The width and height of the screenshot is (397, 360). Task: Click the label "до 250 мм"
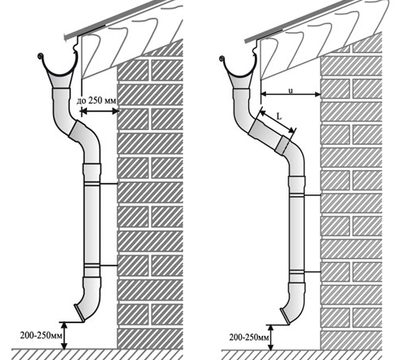coord(96,101)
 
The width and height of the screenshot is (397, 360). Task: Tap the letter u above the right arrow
coord(290,91)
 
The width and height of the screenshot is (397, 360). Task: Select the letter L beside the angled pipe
coord(279,117)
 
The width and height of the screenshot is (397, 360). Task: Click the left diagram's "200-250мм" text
coord(41,335)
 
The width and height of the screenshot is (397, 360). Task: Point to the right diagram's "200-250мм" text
coord(249,337)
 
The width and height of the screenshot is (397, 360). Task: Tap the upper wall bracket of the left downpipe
coord(108,184)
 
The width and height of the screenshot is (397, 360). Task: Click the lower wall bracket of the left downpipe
coord(108,265)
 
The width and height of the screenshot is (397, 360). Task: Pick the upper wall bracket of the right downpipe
coord(313,195)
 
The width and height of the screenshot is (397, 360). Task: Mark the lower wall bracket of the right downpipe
coord(313,272)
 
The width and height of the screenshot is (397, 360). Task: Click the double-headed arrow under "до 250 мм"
coord(100,111)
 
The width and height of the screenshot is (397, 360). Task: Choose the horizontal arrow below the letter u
coord(291,94)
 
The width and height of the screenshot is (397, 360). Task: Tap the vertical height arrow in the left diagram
coord(64,336)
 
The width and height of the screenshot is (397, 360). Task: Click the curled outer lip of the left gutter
coord(40,56)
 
